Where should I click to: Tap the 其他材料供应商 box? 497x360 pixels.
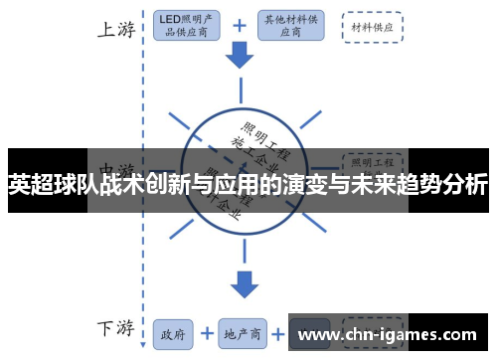(x=289, y=26)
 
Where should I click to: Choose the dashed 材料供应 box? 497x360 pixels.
(x=372, y=27)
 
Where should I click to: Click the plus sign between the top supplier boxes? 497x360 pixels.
(x=238, y=26)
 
